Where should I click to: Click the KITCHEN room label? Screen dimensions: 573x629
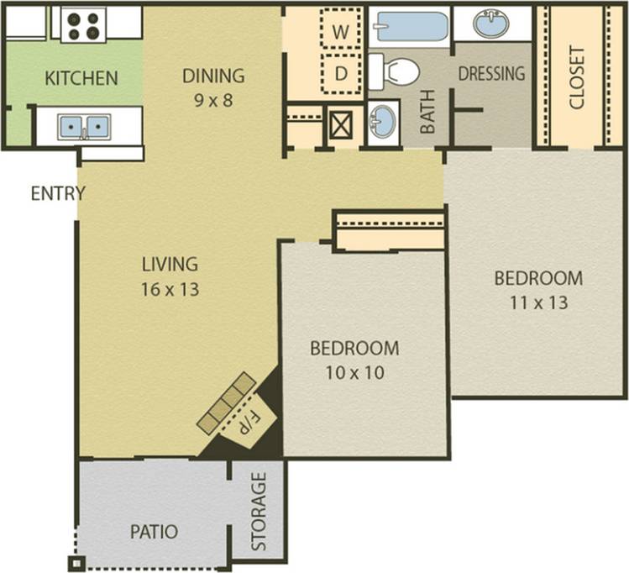[x=81, y=79]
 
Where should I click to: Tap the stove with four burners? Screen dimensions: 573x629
[x=84, y=24]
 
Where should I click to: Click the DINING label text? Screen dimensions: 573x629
[x=213, y=76]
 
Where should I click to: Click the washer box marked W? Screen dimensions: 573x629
[x=341, y=30]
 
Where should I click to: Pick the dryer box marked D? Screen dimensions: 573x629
[x=341, y=73]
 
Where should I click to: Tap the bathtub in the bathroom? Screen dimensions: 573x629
[x=411, y=26]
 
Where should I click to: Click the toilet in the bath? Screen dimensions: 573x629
[x=394, y=71]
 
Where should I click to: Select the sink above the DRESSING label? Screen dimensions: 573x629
[x=491, y=24]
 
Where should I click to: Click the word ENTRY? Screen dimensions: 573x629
[x=57, y=194]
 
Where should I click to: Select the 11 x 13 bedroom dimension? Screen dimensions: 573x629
[x=537, y=302]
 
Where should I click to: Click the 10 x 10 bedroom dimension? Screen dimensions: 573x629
[x=354, y=372]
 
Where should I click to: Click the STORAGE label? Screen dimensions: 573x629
[x=259, y=512]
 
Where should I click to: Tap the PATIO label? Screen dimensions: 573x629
[x=154, y=532]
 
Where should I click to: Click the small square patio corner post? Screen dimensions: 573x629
[x=77, y=563]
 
